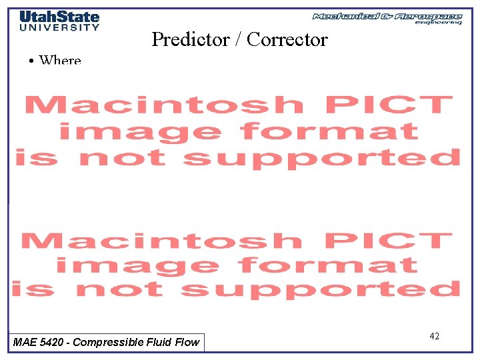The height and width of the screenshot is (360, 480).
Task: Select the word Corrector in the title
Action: (x=287, y=39)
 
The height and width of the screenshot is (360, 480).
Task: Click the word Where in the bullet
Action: (x=60, y=61)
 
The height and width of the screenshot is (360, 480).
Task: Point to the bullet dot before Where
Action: (x=32, y=61)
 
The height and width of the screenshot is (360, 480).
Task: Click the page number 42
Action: (x=434, y=337)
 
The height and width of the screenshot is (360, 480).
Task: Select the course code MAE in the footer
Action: (x=25, y=343)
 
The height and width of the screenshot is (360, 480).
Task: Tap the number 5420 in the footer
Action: (x=53, y=343)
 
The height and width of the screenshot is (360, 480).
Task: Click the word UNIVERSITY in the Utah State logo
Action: (x=59, y=27)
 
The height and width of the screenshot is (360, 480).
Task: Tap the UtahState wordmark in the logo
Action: (x=59, y=17)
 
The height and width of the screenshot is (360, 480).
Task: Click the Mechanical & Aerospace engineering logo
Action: (x=387, y=17)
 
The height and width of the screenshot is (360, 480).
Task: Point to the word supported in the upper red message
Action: (x=322, y=158)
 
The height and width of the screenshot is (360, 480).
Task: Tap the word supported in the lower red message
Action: (x=321, y=289)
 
